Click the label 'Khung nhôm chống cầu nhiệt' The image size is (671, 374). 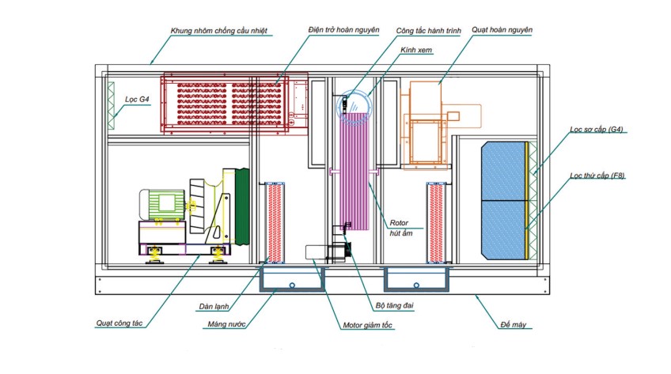[x=219, y=32]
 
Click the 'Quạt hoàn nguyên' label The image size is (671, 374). [x=502, y=30]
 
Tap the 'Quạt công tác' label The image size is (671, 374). [x=123, y=323]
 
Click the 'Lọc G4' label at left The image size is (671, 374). [x=137, y=99]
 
